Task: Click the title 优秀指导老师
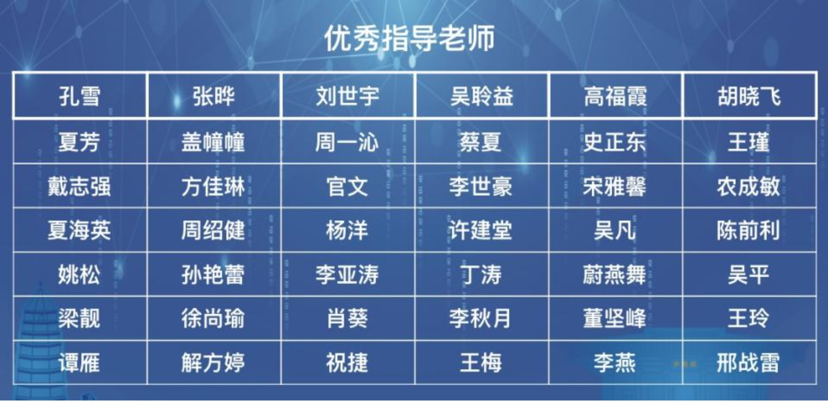point(409,39)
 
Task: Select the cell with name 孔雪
point(79,96)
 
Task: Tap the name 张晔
point(213,96)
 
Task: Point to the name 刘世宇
point(348,96)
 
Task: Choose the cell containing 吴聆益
point(482,96)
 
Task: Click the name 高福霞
point(616,96)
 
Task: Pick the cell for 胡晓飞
point(749,96)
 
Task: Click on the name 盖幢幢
point(213,142)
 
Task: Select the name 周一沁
point(347,142)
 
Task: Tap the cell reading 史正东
point(616,141)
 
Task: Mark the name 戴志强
point(79,186)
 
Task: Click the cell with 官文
point(348,186)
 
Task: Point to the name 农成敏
point(749,186)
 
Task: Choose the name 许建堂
point(481,230)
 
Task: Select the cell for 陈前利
point(749,230)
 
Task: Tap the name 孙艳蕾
point(213,274)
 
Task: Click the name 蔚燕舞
point(615,274)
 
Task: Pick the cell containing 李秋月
point(482,318)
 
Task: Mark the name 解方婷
point(213,362)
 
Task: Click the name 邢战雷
point(749,362)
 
